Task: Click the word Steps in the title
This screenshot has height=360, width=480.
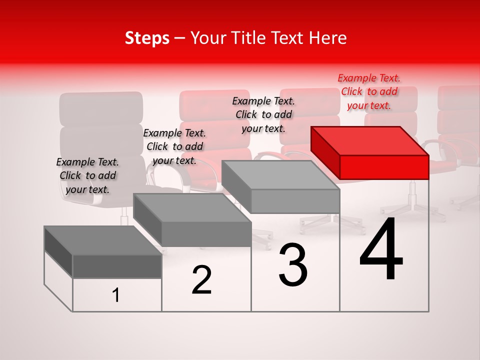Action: [x=147, y=38]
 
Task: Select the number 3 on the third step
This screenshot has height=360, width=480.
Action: [x=292, y=265]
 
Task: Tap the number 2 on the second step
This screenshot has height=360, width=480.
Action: [x=201, y=280]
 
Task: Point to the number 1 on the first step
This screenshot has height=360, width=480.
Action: [x=116, y=295]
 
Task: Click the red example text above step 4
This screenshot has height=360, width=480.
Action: [x=369, y=91]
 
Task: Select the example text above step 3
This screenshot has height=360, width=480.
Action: [x=263, y=114]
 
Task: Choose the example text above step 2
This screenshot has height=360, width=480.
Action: [x=174, y=146]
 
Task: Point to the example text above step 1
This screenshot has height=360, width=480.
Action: [x=87, y=175]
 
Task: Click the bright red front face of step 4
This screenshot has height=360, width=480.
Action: [x=384, y=167]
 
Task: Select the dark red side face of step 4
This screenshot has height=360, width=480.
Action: [x=325, y=152]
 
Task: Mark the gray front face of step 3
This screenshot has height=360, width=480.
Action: [x=295, y=201]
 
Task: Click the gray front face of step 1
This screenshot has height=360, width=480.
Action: [x=117, y=266]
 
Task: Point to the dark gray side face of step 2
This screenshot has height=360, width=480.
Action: [x=147, y=219]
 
